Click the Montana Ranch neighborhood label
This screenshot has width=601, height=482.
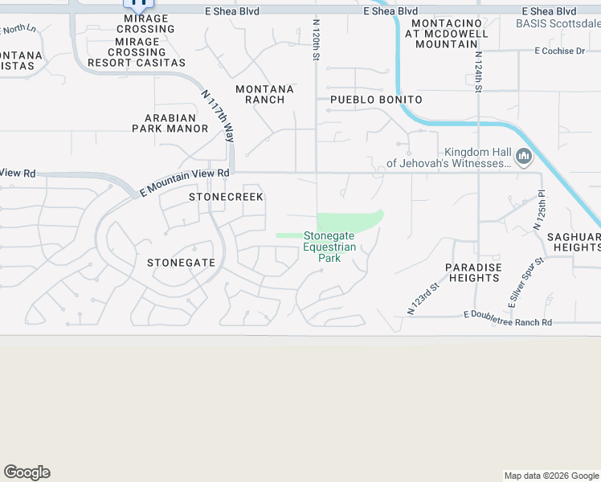tap(260, 94)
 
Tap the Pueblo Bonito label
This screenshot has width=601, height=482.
tap(376, 100)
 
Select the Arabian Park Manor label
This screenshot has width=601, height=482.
tap(170, 123)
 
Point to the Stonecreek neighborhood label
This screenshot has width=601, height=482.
tap(226, 197)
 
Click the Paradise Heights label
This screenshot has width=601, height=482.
tap(474, 272)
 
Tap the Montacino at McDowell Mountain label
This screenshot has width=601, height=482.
tap(446, 34)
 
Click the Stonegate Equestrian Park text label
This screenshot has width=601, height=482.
tap(329, 247)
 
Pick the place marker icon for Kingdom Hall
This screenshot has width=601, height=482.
tap(524, 156)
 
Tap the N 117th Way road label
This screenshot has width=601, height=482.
tap(219, 117)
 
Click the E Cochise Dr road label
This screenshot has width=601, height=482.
tap(559, 51)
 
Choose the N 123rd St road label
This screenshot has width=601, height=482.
tap(423, 297)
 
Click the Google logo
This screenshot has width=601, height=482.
tap(27, 472)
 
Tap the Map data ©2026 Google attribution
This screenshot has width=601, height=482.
tap(550, 476)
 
